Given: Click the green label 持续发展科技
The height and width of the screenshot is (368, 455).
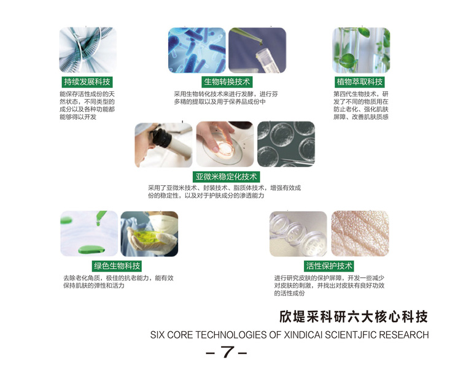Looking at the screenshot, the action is tap(87, 82).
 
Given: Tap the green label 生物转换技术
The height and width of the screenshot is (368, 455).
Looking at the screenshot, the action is tap(227, 82).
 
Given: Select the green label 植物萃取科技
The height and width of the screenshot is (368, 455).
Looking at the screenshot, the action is tap(360, 82).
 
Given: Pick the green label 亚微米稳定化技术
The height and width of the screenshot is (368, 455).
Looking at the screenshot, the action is tap(227, 177).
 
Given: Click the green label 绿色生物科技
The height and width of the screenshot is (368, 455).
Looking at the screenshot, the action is tap(117, 266).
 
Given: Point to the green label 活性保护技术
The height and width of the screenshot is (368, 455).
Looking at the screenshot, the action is tap(329, 266).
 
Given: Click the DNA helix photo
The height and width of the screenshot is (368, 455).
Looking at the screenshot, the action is tap(88, 50).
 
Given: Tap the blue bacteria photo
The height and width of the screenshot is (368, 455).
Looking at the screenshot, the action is tap(197, 50).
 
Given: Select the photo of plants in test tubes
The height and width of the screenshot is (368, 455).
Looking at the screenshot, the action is tap(361, 50).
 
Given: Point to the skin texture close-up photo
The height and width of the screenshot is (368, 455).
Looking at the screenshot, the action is tap(360, 234).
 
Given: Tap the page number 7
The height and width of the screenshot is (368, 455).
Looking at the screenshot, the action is tap(227, 351).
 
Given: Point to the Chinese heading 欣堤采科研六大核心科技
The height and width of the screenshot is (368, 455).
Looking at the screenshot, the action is tap(354, 316).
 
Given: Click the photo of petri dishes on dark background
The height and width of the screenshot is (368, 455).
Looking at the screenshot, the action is tap(286, 144).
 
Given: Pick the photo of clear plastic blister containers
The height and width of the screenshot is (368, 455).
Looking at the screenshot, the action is tap(298, 234).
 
